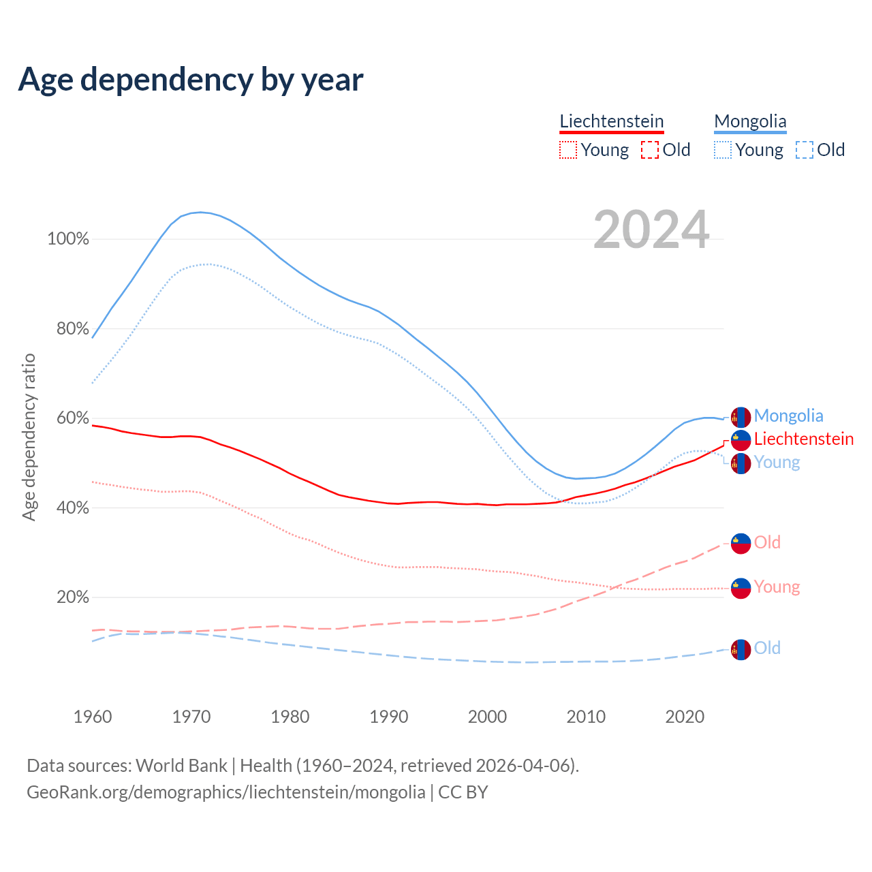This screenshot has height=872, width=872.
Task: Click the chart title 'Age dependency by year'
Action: (191, 80)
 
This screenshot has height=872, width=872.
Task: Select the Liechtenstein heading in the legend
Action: (611, 121)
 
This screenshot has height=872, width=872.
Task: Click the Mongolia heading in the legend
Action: (750, 122)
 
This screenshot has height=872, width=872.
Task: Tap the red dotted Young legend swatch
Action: (567, 150)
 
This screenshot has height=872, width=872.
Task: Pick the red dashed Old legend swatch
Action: (650, 150)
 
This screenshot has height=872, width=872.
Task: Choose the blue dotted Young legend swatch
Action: (723, 150)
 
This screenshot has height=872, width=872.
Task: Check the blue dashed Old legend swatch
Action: (805, 150)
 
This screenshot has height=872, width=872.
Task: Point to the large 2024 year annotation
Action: (651, 230)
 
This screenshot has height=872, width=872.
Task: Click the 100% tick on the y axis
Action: (68, 239)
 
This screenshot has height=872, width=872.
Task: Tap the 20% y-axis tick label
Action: (72, 597)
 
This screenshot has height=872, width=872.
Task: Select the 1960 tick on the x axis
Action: (93, 717)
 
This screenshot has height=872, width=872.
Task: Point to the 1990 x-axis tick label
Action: (389, 717)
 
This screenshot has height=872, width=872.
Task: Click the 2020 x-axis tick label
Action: (685, 717)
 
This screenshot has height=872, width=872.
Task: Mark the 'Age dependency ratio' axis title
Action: (29, 437)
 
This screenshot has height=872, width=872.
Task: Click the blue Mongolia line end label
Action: (788, 416)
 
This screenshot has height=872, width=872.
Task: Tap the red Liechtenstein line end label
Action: (804, 439)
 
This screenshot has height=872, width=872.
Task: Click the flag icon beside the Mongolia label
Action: (741, 417)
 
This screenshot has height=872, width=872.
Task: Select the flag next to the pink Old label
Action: (741, 543)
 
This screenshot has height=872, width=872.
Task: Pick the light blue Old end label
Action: (767, 648)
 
